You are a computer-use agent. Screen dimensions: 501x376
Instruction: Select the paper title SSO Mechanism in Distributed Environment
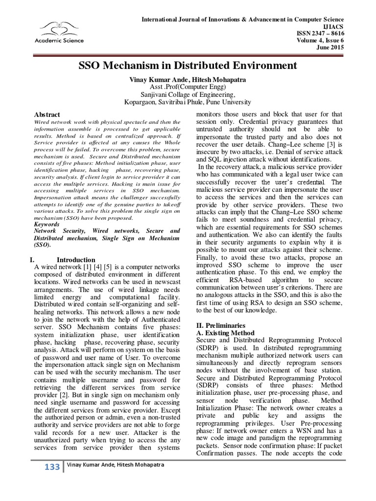188,65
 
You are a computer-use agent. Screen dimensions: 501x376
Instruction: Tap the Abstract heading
48,114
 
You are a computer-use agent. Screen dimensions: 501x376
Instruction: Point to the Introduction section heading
76,259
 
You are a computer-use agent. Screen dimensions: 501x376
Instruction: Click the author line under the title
188,79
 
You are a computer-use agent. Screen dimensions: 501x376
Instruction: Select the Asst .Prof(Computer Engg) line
188,87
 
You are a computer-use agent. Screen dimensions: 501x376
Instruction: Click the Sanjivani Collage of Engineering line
188,94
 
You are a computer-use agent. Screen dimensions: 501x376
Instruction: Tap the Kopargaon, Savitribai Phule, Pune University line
188,102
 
